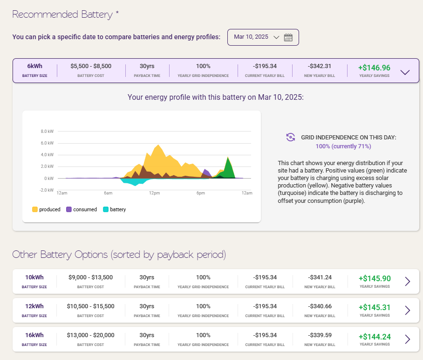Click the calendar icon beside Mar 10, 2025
pos(288,37)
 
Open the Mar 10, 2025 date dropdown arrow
pos(276,37)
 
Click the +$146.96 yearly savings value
pos(374,68)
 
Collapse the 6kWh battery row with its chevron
pos(405,72)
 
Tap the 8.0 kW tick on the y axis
pos(47,131)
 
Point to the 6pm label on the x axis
pos(200,193)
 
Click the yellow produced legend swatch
pos(35,209)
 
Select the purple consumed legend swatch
pos(69,209)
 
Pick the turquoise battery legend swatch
pos(106,209)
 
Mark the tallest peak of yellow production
pos(158,145)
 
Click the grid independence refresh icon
pos(291,137)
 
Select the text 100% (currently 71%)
pos(343,146)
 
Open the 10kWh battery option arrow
pos(407,281)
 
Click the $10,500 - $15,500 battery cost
pos(91,306)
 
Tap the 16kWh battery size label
pos(34,335)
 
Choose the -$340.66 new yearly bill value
pos(320,306)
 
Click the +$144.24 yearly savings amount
pos(375,337)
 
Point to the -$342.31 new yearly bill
pos(320,66)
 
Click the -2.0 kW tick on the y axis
pos(47,190)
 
